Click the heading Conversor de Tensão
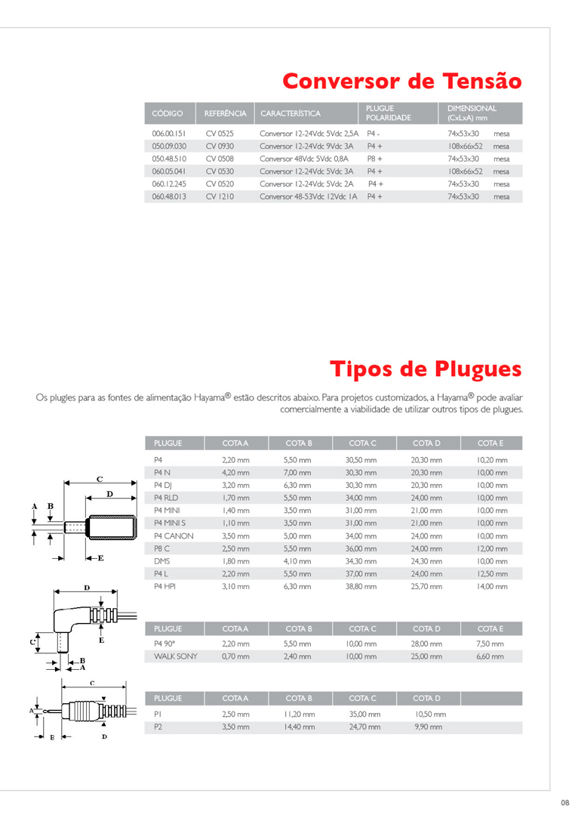click(401, 80)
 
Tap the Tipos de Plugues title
click(425, 369)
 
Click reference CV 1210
click(220, 196)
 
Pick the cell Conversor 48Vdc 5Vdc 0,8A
click(304, 159)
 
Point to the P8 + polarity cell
click(375, 159)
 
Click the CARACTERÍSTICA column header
click(291, 113)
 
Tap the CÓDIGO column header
click(168, 113)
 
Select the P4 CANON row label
click(174, 536)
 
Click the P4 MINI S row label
click(170, 523)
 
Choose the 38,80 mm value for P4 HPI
click(361, 586)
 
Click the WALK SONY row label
click(175, 656)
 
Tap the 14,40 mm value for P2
click(299, 727)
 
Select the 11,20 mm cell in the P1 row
click(299, 714)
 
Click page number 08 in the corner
click(564, 802)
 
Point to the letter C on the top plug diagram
click(99, 479)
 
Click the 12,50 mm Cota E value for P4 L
click(492, 574)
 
